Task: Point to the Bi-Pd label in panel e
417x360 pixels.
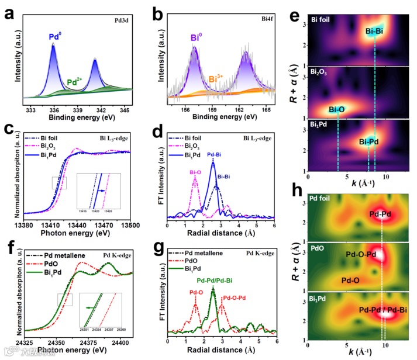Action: (x=370, y=140)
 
